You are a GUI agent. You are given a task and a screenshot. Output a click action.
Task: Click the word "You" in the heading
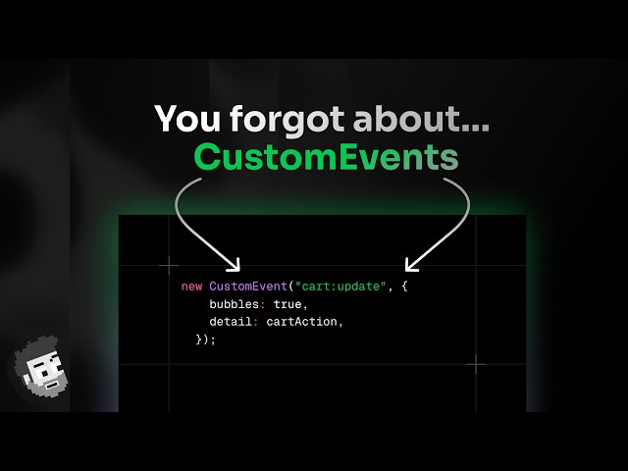tap(188, 119)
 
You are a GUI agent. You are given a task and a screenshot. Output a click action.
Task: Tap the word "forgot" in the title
tap(286, 119)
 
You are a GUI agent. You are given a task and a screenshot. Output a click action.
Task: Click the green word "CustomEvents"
tap(325, 158)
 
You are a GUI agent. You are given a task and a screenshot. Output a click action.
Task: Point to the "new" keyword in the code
tap(191, 286)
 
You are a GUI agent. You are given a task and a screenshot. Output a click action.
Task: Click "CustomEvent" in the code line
tap(245, 286)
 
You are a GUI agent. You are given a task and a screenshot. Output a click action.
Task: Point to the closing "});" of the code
tap(205, 339)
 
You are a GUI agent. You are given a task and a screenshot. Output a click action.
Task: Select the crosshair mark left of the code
tap(169, 264)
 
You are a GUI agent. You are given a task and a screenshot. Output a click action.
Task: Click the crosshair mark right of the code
tap(476, 364)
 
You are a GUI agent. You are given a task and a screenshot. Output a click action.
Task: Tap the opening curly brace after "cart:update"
tap(402, 286)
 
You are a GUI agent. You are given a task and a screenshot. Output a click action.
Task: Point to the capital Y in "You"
tap(167, 119)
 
